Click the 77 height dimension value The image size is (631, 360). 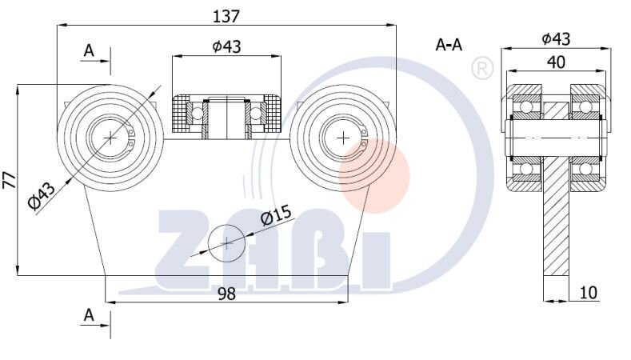click(x=9, y=180)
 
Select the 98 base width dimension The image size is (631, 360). click(x=227, y=294)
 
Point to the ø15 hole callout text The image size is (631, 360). click(x=277, y=217)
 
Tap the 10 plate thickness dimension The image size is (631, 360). click(x=589, y=293)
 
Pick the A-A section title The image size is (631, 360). click(x=449, y=45)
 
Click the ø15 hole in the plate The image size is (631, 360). click(x=227, y=242)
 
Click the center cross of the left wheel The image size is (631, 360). click(x=110, y=138)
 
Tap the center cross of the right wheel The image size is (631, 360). click(x=344, y=138)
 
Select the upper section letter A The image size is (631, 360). click(x=89, y=51)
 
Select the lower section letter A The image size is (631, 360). click(x=89, y=316)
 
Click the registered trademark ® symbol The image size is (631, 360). click(x=482, y=68)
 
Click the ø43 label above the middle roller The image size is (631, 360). click(x=227, y=46)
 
